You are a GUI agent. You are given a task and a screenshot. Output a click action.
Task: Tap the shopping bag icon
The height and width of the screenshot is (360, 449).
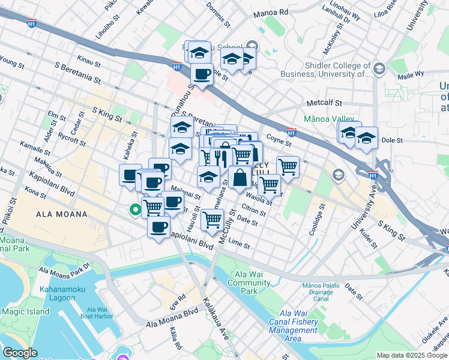point(240,178)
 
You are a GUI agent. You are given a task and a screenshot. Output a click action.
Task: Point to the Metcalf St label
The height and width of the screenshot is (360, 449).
point(324,103)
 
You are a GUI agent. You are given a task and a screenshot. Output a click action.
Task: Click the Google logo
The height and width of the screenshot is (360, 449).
point(20,353)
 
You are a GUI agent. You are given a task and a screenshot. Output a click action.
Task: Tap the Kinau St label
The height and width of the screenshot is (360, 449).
point(89,62)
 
